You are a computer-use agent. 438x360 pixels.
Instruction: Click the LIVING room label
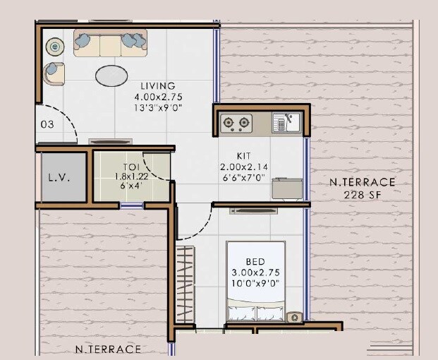coord(158,85)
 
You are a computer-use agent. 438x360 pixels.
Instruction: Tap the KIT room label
coord(244,157)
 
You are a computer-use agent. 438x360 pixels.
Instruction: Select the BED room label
coord(255,261)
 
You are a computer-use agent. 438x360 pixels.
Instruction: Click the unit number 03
coord(47,124)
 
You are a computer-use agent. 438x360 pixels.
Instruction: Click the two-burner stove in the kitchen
coord(237,123)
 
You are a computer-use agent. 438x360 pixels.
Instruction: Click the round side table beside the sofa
coord(54,47)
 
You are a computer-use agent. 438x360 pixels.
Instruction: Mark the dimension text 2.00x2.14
coord(244,167)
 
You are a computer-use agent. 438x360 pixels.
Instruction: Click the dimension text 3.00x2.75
coord(255,272)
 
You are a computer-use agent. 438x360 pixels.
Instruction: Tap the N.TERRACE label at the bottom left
coord(108,349)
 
